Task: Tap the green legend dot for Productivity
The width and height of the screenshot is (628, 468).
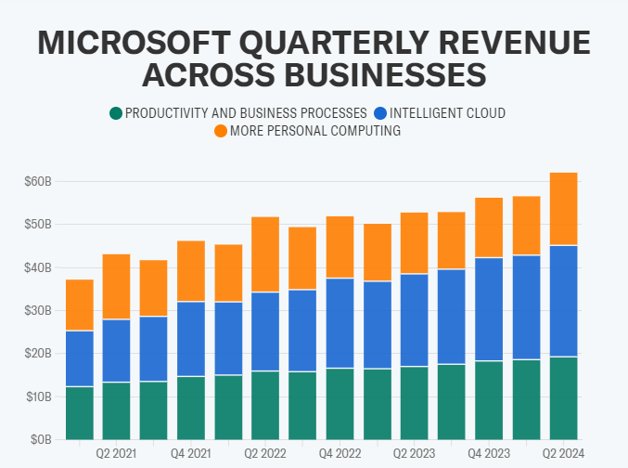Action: (116, 113)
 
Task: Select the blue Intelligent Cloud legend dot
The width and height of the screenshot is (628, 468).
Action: (380, 113)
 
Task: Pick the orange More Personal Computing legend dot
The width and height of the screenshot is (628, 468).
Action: (221, 132)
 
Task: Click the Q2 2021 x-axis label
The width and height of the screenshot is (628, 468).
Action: (116, 454)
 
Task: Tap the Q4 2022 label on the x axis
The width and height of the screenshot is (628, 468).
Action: (340, 454)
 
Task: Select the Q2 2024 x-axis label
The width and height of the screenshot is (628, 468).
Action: (563, 454)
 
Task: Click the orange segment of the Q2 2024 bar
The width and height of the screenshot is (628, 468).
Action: (563, 209)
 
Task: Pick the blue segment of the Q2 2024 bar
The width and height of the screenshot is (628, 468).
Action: (563, 301)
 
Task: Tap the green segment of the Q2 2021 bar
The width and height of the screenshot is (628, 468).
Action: (116, 410)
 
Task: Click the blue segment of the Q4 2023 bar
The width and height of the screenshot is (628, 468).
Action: (489, 309)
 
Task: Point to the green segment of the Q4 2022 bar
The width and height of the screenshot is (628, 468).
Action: (340, 404)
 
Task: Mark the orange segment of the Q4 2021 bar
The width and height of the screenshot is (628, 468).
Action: (191, 271)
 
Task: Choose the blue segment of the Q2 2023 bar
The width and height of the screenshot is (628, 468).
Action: (415, 320)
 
